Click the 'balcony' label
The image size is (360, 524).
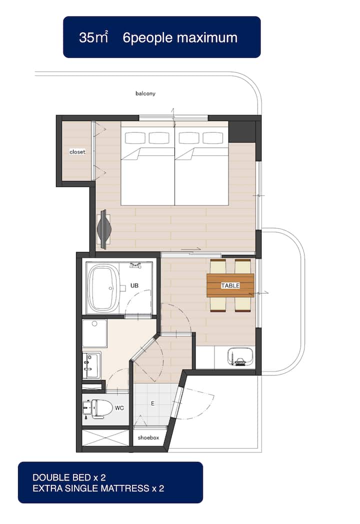point(145,93)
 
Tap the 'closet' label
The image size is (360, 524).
point(77,151)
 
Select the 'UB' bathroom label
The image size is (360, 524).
point(134,285)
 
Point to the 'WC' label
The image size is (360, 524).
point(119,407)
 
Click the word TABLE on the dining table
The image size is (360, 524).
point(230,285)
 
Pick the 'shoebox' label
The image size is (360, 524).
point(148,437)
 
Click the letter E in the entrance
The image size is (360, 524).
point(153,403)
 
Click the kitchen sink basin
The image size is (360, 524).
point(240,356)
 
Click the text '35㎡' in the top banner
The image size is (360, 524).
point(93,37)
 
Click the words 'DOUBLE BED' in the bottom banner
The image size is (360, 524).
point(62,477)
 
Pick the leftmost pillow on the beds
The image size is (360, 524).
point(135,138)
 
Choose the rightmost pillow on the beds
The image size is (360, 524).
point(213,138)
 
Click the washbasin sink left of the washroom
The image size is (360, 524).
point(91,365)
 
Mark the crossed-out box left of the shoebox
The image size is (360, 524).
point(105,438)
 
